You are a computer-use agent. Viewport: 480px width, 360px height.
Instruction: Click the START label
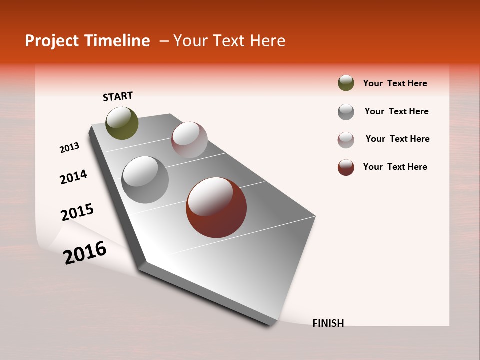[118, 96]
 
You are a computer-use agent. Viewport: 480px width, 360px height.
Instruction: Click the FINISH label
[328, 323]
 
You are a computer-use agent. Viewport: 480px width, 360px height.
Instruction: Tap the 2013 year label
[69, 148]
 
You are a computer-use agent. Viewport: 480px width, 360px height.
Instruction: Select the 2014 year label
[73, 177]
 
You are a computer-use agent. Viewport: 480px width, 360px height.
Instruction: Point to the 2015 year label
[77, 212]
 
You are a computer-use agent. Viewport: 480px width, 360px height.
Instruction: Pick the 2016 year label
[85, 252]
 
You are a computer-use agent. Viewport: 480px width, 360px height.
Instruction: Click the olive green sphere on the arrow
[122, 123]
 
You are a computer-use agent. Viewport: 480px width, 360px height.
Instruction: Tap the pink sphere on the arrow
[189, 140]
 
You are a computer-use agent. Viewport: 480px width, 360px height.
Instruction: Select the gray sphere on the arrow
[145, 180]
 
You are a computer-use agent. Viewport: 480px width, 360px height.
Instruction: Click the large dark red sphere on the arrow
[216, 207]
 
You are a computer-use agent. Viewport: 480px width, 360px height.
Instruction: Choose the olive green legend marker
[346, 83]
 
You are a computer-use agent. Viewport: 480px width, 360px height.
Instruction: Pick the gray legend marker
[346, 112]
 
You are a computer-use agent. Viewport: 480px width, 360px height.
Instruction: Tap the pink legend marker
[346, 140]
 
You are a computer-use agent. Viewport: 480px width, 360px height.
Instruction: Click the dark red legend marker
[346, 167]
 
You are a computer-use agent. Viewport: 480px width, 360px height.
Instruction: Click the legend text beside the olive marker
[395, 83]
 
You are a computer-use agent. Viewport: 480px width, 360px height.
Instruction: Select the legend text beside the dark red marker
[395, 167]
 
